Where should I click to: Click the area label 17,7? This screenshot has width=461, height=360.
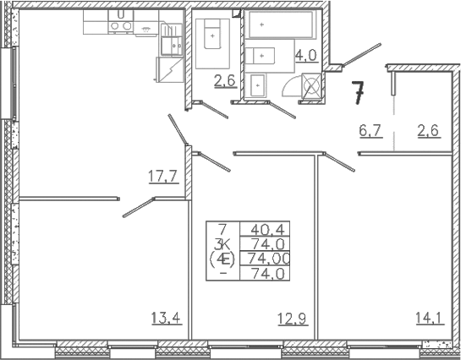(164, 177)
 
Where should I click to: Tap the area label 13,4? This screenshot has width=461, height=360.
(167, 318)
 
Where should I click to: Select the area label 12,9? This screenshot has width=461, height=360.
(293, 319)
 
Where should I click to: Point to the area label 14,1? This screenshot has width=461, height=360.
(430, 318)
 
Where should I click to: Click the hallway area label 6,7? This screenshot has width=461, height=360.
(370, 130)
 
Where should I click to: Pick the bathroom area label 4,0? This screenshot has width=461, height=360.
(307, 55)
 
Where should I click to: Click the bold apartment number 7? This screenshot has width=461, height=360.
(359, 93)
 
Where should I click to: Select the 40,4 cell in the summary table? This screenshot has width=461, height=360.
(267, 229)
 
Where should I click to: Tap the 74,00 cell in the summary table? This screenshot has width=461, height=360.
(269, 259)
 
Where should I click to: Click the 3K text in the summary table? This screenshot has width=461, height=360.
(222, 243)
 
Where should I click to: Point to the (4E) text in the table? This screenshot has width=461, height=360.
(222, 259)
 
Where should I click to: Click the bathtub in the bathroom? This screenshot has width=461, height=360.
(281, 25)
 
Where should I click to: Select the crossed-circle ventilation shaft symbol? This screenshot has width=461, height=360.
(311, 85)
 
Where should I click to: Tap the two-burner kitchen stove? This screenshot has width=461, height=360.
(121, 26)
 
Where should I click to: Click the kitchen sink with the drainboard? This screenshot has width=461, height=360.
(172, 40)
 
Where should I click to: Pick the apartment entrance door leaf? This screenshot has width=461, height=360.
(362, 54)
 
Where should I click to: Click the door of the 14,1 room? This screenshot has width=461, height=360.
(339, 161)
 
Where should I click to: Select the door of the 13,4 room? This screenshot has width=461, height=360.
(139, 207)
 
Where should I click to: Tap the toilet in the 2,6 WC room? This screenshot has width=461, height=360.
(212, 35)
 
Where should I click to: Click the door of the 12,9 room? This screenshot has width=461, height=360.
(215, 161)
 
